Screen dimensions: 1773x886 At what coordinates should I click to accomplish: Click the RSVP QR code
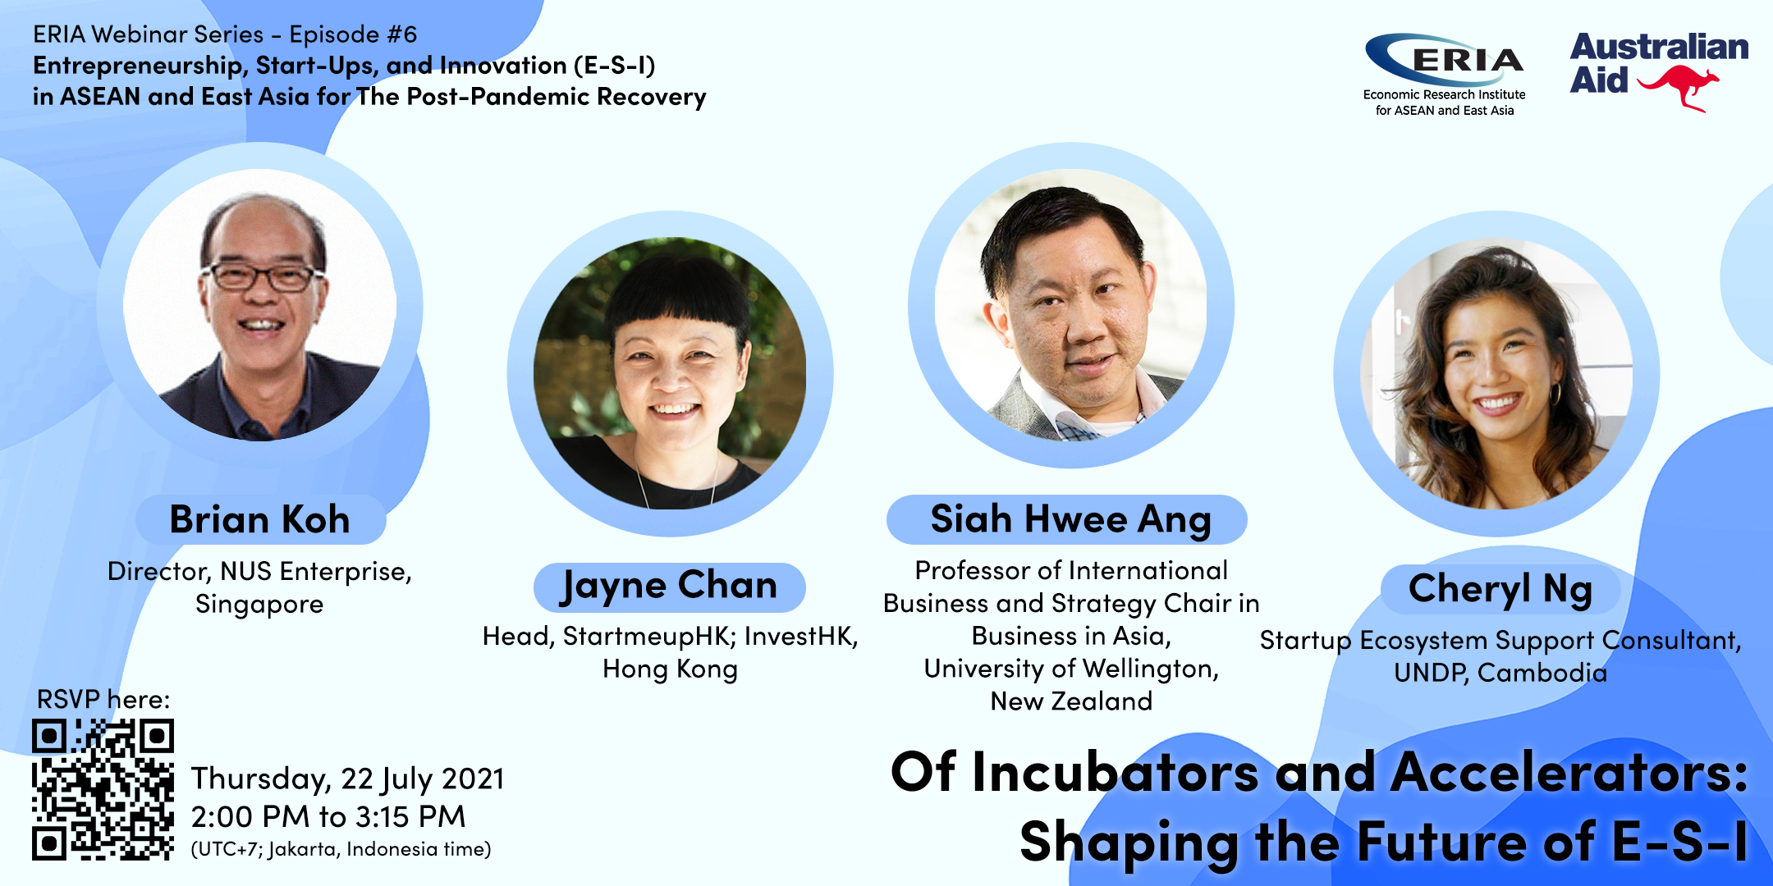103,789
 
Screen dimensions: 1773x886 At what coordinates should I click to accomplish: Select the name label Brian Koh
260,519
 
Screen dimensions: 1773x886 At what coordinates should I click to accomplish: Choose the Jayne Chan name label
669,587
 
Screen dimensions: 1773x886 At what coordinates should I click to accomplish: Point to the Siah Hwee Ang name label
1067,519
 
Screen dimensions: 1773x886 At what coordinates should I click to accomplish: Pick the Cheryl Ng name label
1500,588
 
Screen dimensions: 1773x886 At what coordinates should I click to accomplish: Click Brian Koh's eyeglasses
261,276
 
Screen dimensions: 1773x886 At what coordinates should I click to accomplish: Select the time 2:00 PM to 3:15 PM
328,817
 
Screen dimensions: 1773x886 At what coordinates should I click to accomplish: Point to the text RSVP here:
103,699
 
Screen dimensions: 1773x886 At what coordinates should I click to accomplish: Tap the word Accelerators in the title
1569,773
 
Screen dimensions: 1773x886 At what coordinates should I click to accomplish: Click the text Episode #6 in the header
353,34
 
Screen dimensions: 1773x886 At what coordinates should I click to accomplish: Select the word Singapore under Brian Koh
259,605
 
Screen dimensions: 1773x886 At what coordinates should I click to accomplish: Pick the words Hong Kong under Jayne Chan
670,669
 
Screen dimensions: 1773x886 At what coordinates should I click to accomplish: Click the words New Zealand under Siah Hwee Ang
1071,701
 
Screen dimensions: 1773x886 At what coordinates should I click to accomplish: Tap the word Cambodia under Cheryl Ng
1542,673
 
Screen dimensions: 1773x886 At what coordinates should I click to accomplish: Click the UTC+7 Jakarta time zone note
341,849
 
